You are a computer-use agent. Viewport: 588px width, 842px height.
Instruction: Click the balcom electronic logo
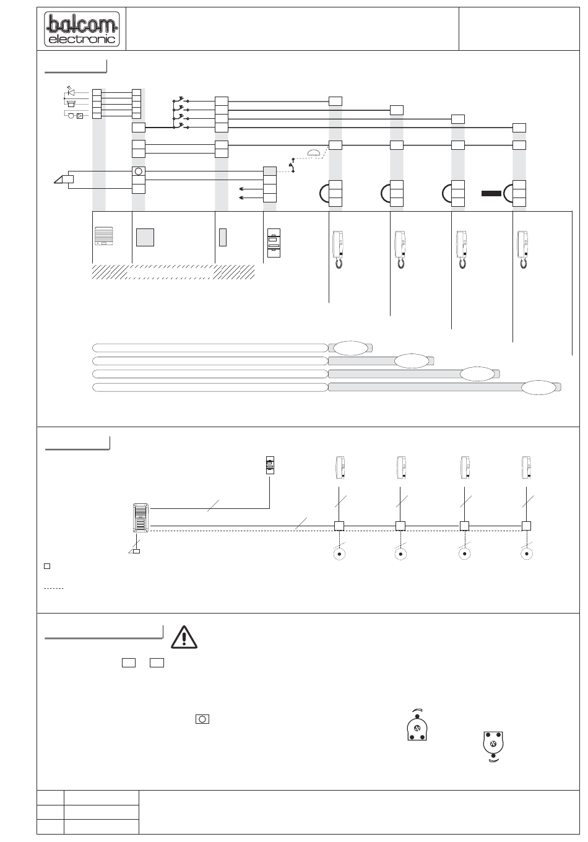pos(82,29)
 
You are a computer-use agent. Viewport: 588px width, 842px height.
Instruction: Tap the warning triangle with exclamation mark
pos(184,637)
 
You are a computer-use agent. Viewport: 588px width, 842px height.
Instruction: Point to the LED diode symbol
pos(71,92)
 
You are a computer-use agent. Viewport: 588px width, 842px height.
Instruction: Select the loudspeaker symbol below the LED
pos(71,104)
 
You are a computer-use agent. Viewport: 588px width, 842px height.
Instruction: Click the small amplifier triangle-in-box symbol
pos(80,116)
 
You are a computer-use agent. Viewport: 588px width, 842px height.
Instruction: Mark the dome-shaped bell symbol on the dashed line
pos(314,152)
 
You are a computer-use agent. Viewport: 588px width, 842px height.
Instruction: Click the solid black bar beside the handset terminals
pos(491,194)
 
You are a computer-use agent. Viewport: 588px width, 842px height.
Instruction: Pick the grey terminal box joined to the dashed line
pos(270,171)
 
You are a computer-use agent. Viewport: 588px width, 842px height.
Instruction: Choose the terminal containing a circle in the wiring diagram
pos(139,171)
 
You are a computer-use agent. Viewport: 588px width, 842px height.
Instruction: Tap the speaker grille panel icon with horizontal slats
pos(104,236)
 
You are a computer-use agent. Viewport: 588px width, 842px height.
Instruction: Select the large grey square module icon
pos(145,238)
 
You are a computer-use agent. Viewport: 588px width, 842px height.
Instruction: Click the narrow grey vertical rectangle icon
pos(223,238)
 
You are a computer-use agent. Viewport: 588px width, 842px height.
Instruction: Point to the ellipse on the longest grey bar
pos(538,388)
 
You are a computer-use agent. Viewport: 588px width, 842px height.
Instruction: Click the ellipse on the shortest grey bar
pos(350,348)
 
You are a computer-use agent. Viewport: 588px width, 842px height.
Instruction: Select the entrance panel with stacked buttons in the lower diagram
pos(141,518)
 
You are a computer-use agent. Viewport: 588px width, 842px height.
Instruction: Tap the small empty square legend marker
pos(47,566)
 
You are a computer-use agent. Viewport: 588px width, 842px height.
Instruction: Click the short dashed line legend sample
pos(54,588)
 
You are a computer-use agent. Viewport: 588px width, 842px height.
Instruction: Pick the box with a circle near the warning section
pos(202,719)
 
